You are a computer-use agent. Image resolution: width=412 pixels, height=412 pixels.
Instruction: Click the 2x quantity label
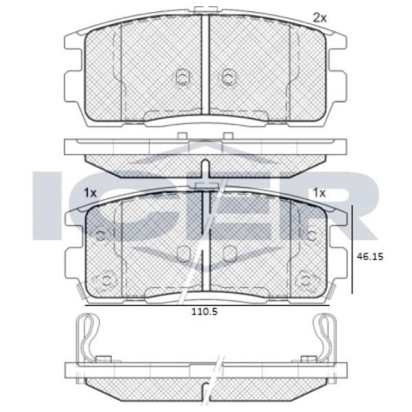coord(320,18)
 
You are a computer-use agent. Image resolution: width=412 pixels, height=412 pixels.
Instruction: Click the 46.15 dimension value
coord(370,256)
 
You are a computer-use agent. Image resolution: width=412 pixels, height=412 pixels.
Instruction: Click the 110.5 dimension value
coord(205,312)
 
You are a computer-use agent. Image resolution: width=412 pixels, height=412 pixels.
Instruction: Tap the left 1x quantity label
coord(90,193)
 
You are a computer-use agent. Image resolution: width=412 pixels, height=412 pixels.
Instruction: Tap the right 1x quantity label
coord(319,193)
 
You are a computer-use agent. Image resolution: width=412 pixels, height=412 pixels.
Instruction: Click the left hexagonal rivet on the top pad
coord(182,77)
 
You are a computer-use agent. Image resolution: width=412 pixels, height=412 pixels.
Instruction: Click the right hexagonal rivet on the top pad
coord(229,77)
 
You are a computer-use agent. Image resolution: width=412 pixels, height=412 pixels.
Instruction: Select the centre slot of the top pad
coord(205,65)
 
